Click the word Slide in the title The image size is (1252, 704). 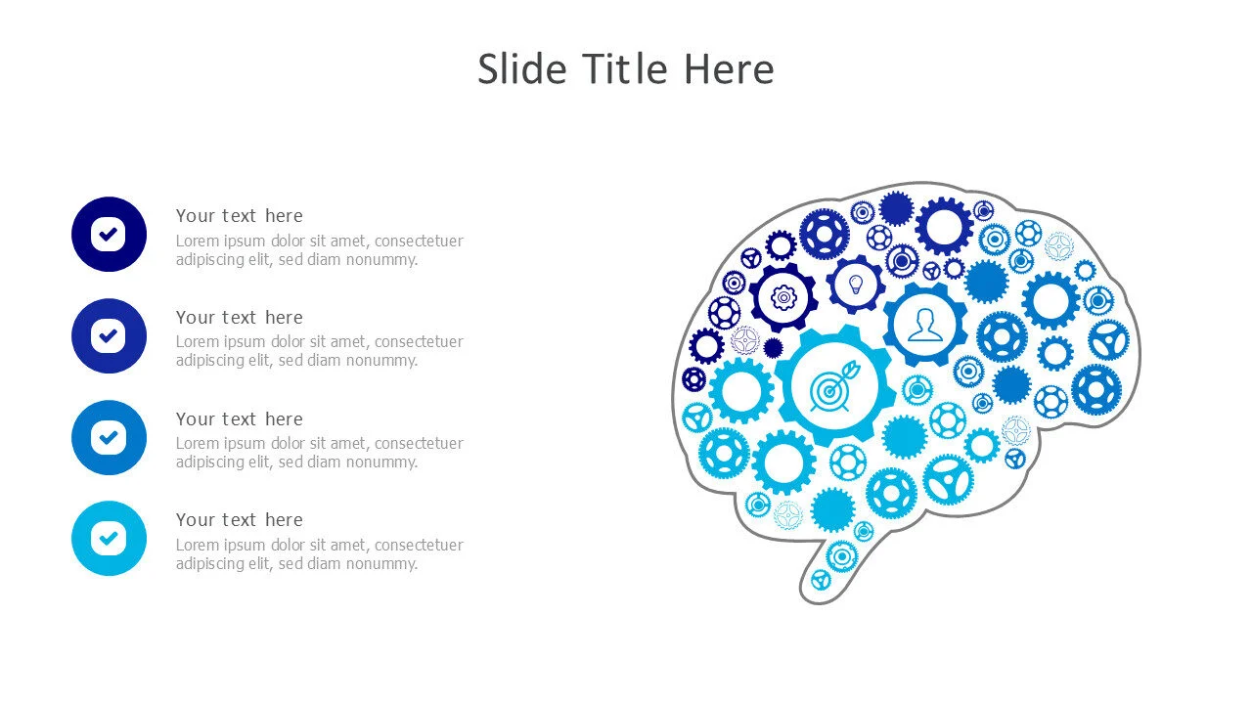[x=522, y=69]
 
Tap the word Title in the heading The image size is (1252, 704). [x=625, y=69]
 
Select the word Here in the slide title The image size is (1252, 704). [x=730, y=69]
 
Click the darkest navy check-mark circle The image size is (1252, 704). [x=109, y=234]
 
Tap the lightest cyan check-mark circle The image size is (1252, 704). [x=109, y=538]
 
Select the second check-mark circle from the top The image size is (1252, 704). [x=109, y=335]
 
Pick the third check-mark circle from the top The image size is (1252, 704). [x=109, y=437]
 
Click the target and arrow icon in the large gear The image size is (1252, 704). [x=834, y=386]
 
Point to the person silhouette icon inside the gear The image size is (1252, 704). [x=925, y=325]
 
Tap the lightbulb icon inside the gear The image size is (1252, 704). [x=856, y=285]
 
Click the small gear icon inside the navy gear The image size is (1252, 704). [x=783, y=297]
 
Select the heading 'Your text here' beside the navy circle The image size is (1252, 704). [x=240, y=216]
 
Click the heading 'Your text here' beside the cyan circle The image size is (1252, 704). [x=240, y=519]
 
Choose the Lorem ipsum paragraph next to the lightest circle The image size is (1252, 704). [x=320, y=553]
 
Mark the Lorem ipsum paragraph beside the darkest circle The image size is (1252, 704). [x=320, y=249]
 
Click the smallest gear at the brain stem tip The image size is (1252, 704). [x=821, y=580]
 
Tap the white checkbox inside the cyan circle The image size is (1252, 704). [x=109, y=538]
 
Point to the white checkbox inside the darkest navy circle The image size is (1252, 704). [x=109, y=234]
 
